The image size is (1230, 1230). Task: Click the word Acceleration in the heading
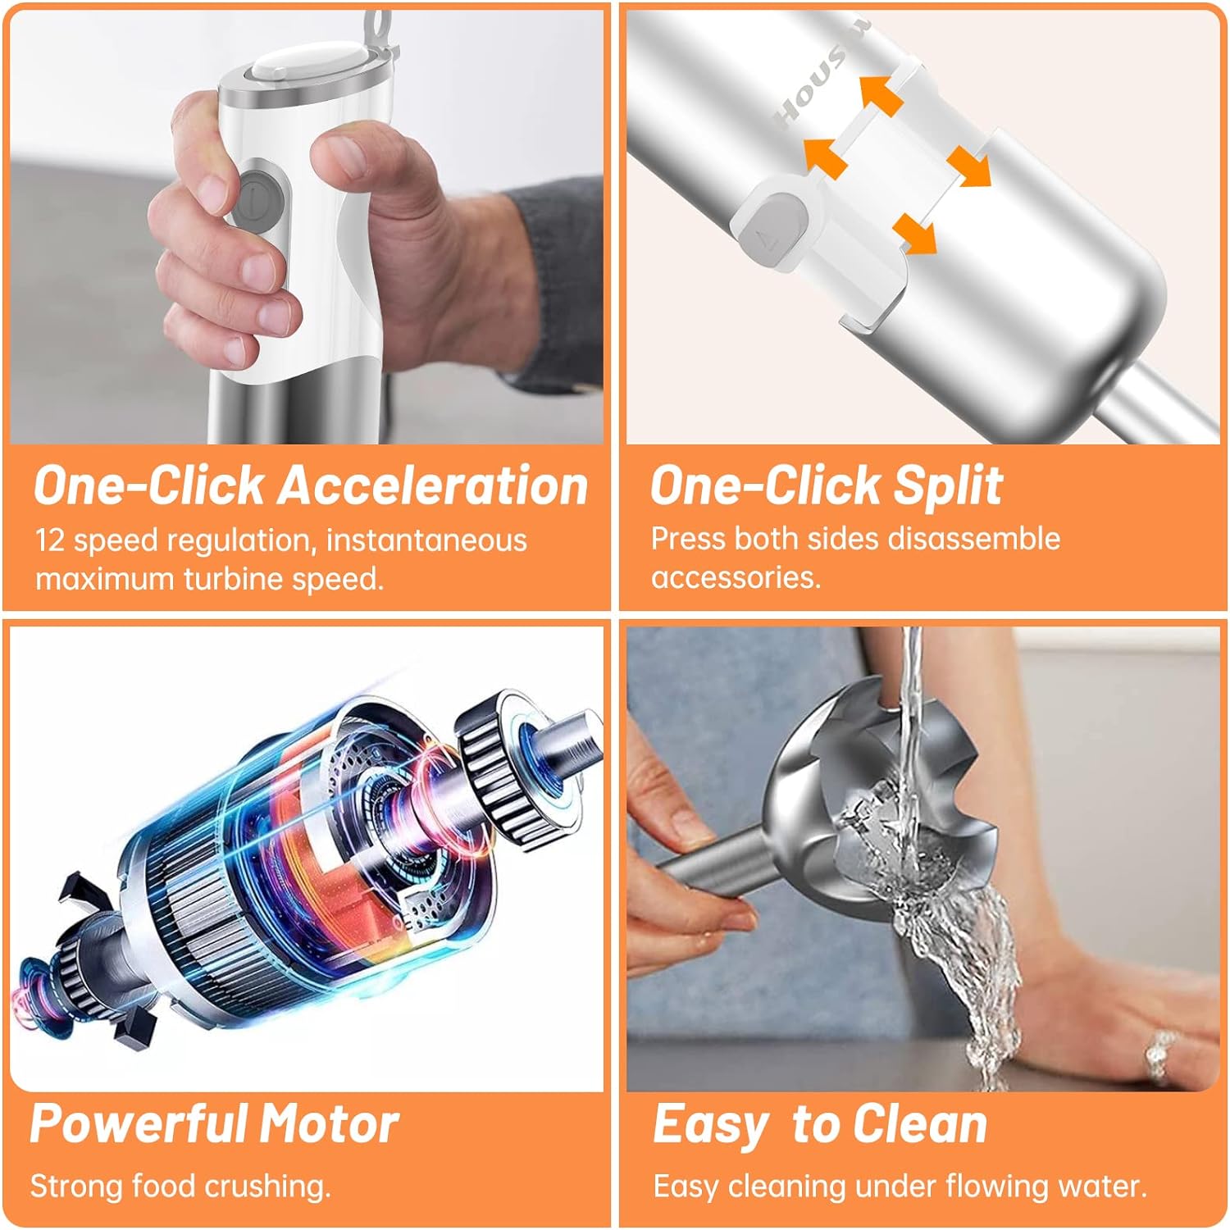tap(434, 485)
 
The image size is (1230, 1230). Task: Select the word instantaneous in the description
tap(426, 540)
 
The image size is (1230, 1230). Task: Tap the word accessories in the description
tap(736, 577)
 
